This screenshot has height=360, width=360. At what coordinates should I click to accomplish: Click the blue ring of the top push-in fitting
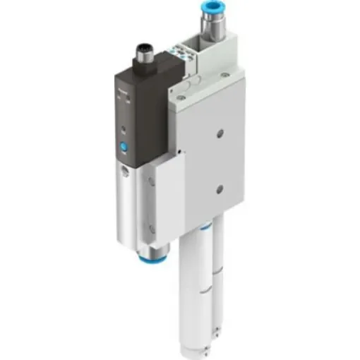[213, 13]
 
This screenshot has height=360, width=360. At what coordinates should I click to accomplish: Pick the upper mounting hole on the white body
[221, 132]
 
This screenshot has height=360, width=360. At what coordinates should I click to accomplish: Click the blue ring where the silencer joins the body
[205, 228]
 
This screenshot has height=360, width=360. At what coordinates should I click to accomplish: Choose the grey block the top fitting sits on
[212, 56]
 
